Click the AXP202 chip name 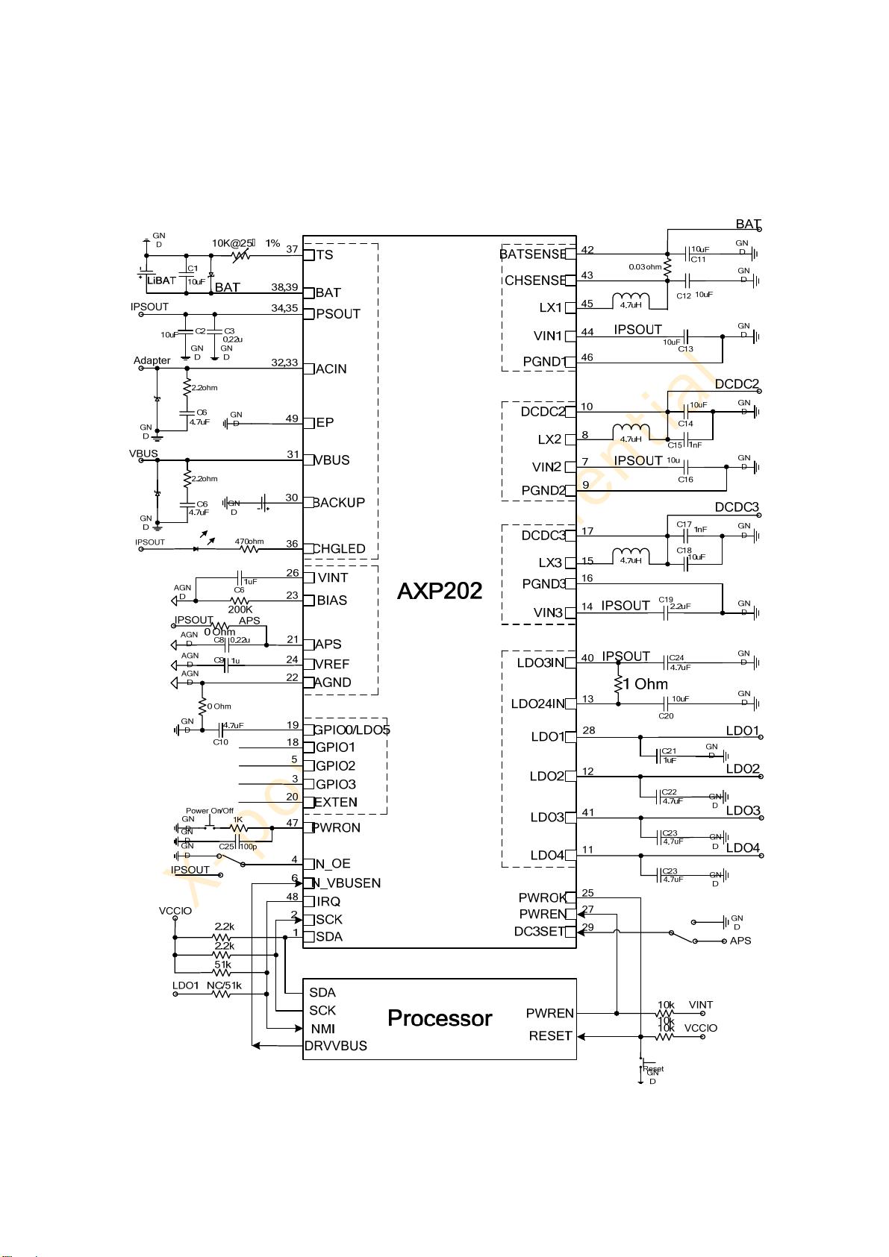tap(439, 592)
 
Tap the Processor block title tap(440, 1018)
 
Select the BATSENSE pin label tap(533, 254)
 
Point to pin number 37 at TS tap(292, 249)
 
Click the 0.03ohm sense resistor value tap(645, 266)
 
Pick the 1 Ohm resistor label tap(646, 684)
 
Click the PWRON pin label tap(337, 827)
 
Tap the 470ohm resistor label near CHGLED tap(249, 542)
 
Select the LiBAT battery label tap(162, 280)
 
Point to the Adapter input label tap(152, 361)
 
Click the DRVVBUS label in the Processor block tap(336, 1046)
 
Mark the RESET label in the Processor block tap(550, 1036)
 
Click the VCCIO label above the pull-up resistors tap(175, 912)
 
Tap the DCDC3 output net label tap(737, 507)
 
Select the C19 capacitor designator tap(666, 600)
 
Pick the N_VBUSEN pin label tap(346, 883)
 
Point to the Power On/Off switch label tap(210, 811)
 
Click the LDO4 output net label tap(743, 848)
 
